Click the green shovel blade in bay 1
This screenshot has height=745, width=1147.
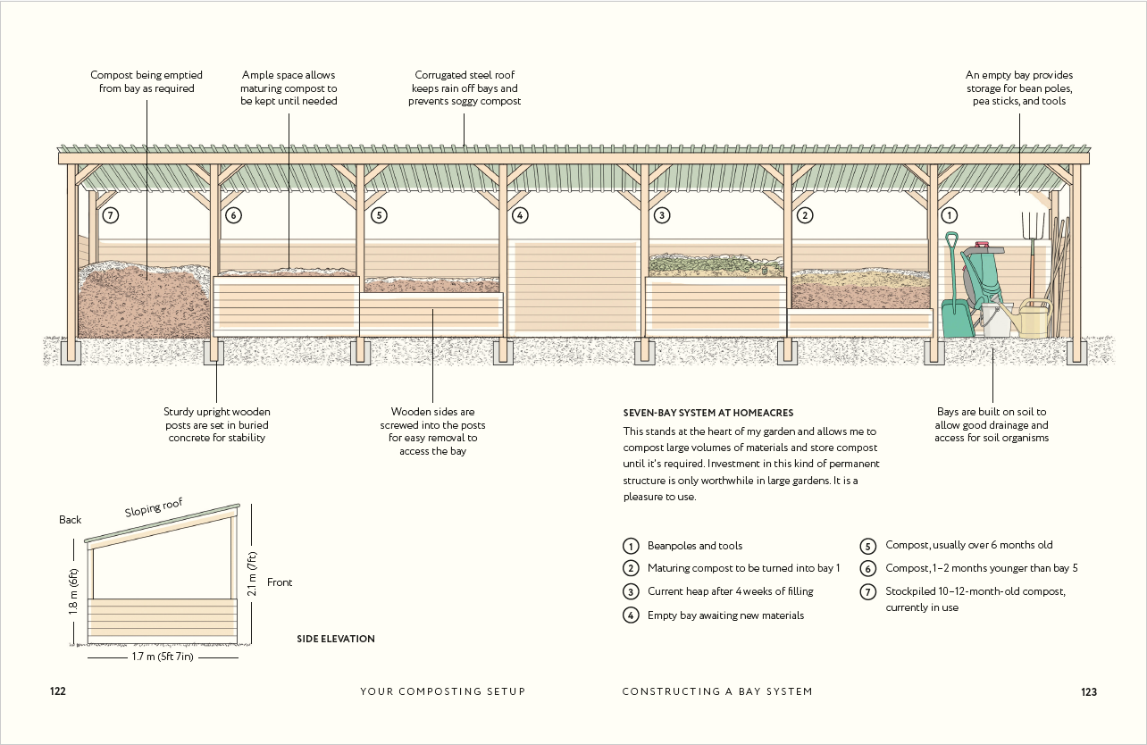957,319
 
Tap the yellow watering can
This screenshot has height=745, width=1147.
1033,320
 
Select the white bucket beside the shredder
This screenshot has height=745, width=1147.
996,320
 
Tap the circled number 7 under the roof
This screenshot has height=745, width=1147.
111,215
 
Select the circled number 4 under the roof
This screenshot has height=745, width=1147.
520,215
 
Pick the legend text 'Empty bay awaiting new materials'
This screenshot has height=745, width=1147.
725,615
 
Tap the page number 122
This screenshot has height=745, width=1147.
58,691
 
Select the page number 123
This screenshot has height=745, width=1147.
1088,691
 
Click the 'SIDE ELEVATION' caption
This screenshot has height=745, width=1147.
336,639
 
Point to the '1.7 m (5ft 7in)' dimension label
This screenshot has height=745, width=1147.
163,657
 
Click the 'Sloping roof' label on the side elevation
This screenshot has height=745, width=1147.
154,508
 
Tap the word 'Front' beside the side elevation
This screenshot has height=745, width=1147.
280,582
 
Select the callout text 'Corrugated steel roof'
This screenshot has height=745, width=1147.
465,76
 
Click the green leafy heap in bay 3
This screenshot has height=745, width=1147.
715,263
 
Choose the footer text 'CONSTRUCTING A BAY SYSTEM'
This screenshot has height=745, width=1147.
717,691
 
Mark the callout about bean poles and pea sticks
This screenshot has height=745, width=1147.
1019,88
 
